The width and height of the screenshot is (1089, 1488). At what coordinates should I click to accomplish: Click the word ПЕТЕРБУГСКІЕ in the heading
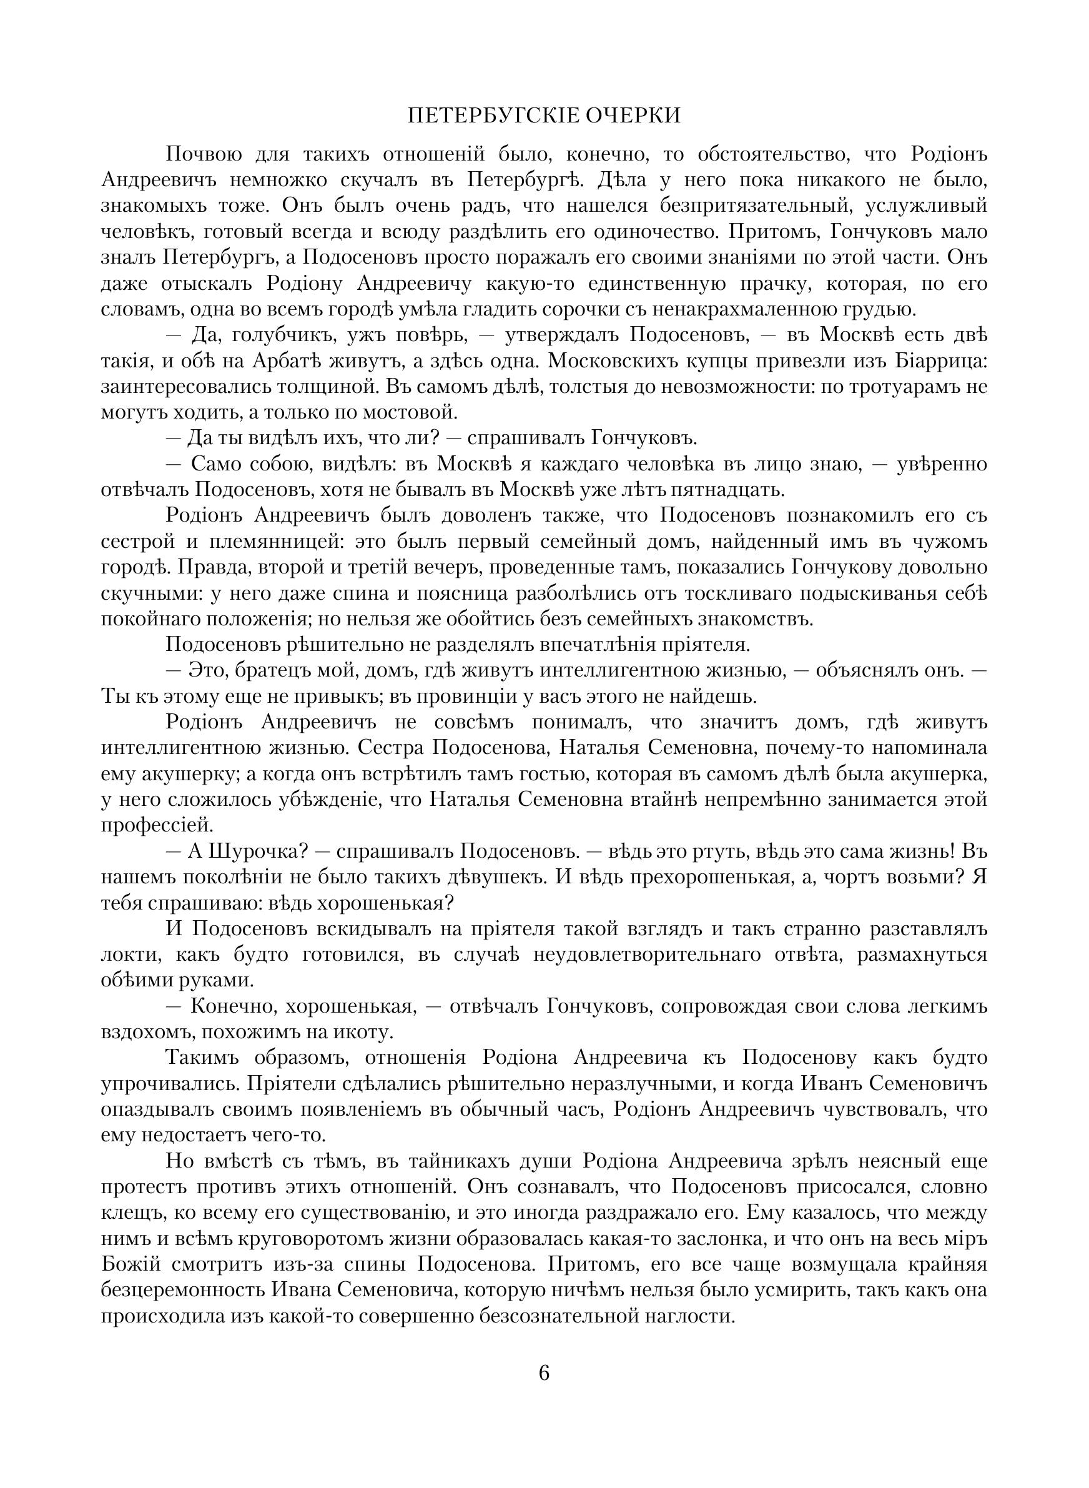coord(493,116)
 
